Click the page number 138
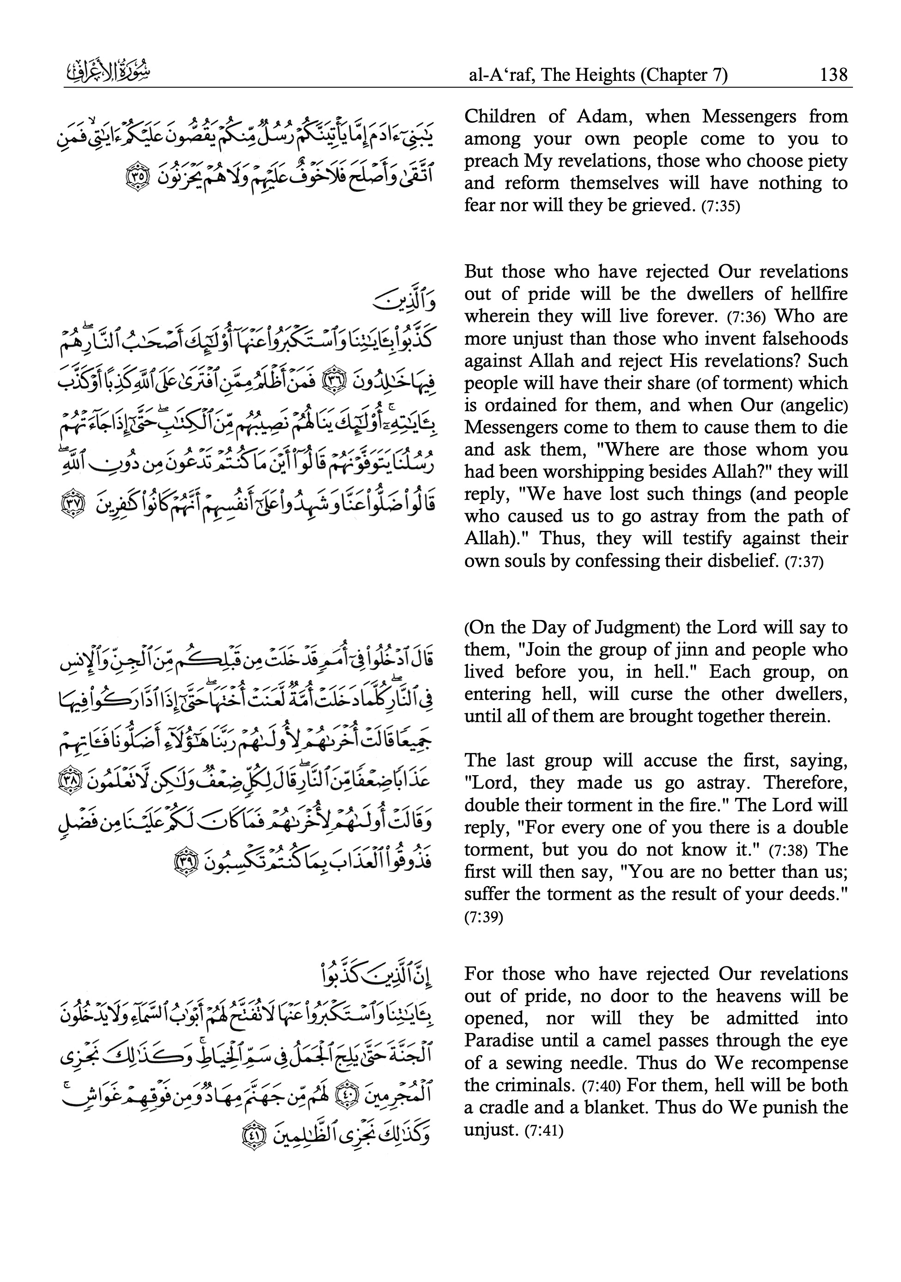pyautogui.click(x=832, y=74)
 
